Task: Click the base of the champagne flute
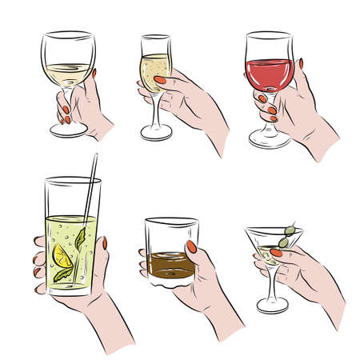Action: coord(156,134)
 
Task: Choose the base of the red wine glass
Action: coord(268,141)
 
